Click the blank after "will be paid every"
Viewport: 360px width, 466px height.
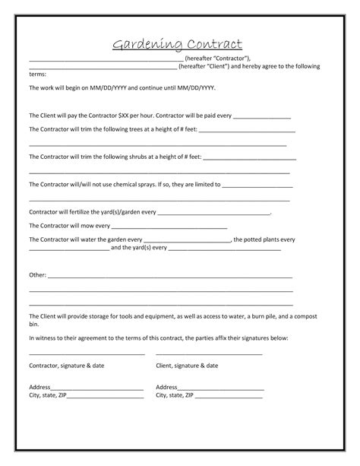pyautogui.click(x=261, y=116)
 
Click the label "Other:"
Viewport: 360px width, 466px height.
pyautogui.click(x=37, y=274)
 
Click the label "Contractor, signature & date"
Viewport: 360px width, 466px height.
pyautogui.click(x=66, y=366)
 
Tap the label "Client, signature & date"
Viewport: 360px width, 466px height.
pyautogui.click(x=186, y=366)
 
